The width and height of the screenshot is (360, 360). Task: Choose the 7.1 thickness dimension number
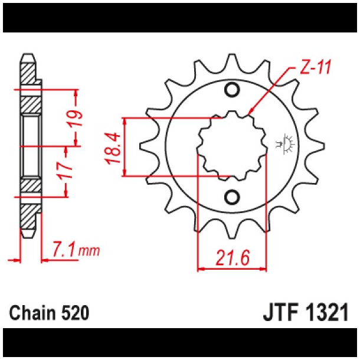[x=64, y=251]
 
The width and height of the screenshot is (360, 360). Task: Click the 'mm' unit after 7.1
[x=89, y=253]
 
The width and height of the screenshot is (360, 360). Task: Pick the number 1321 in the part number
[x=330, y=312]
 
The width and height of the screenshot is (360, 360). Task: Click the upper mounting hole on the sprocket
[x=232, y=90]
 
